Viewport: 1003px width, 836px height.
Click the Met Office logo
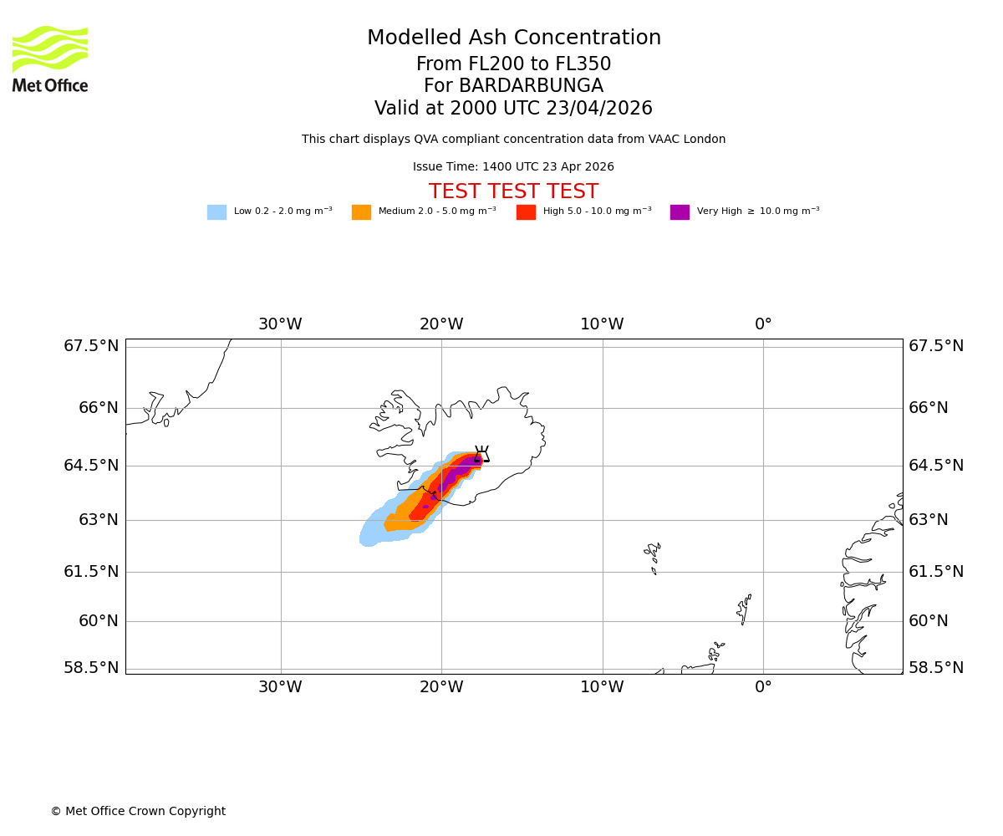click(50, 59)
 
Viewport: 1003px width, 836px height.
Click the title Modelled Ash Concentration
click(513, 38)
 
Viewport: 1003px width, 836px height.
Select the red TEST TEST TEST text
click(513, 192)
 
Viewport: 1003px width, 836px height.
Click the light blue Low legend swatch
click(216, 212)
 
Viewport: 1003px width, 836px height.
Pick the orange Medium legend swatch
click(361, 212)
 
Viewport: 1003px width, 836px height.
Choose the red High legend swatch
click(526, 212)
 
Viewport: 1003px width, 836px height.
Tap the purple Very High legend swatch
click(680, 212)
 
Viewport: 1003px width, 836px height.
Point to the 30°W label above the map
click(280, 324)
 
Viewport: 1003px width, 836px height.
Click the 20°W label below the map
click(441, 687)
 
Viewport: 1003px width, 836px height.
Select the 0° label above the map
click(763, 324)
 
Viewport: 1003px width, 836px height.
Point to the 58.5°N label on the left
click(91, 668)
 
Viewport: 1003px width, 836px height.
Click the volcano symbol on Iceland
click(481, 455)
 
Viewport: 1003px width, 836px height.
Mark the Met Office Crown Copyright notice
click(138, 812)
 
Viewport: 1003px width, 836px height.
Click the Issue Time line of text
click(513, 167)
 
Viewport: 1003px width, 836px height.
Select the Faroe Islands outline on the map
click(653, 556)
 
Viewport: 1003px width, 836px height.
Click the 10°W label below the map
click(602, 687)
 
